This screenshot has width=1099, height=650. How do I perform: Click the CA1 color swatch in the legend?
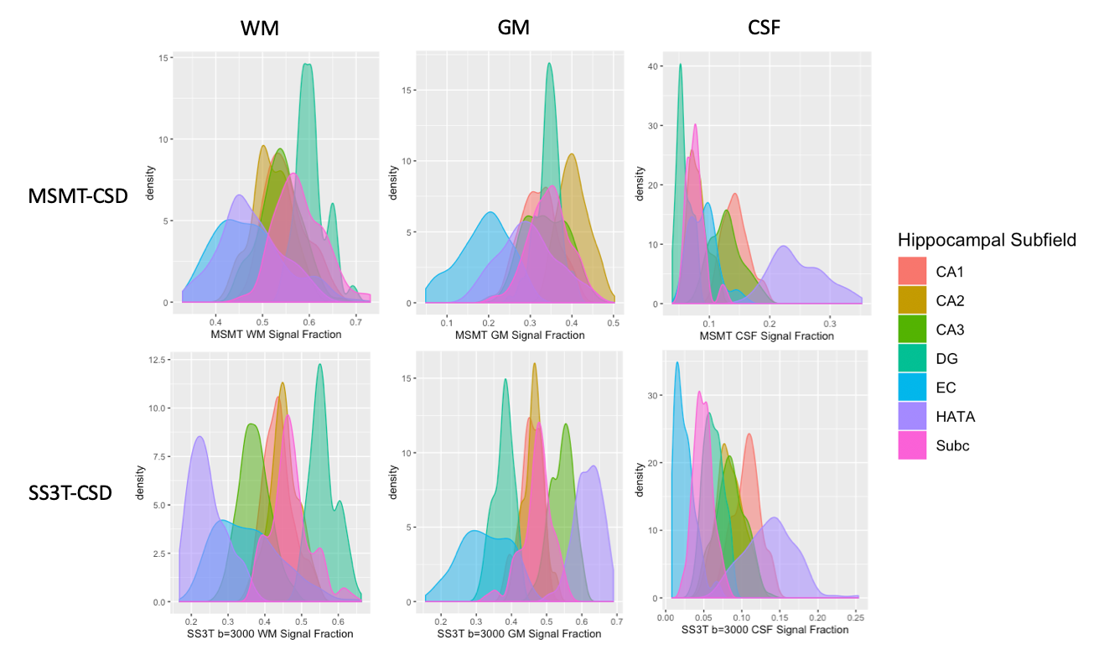click(x=912, y=273)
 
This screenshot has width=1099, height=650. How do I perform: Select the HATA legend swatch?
click(x=912, y=417)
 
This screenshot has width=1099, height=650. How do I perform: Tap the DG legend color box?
click(x=912, y=359)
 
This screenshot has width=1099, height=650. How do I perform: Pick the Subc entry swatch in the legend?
click(x=912, y=445)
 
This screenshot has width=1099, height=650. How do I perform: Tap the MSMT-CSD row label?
click(x=78, y=196)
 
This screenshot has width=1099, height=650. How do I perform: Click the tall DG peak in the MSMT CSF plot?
click(x=680, y=65)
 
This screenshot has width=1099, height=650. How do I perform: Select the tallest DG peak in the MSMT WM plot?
click(x=308, y=65)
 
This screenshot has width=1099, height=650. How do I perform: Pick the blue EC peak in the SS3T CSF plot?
click(x=677, y=364)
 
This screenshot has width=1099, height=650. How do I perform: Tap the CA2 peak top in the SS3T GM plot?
click(x=534, y=365)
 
